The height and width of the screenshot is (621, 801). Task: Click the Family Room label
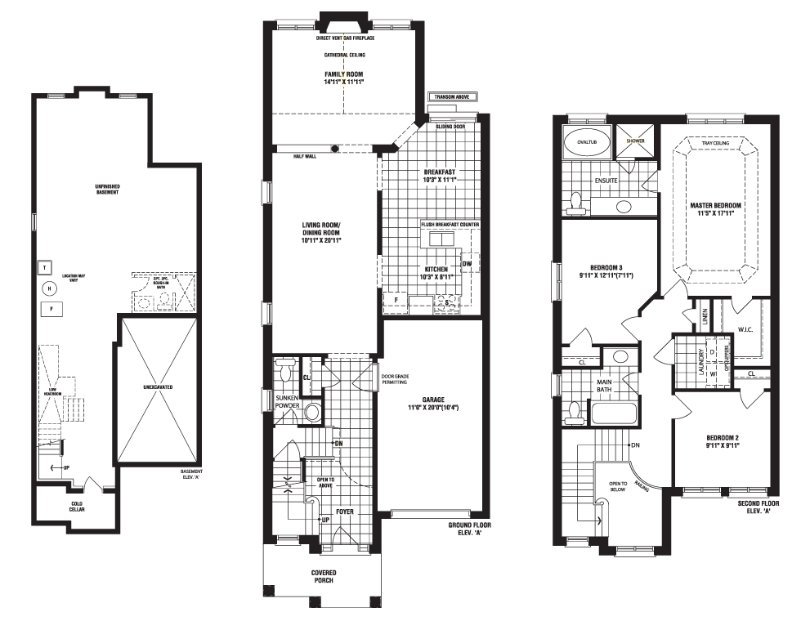click(x=343, y=78)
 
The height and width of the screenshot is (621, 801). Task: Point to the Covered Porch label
click(x=323, y=578)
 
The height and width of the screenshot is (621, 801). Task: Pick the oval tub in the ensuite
click(x=587, y=140)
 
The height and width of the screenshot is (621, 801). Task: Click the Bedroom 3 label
click(x=606, y=271)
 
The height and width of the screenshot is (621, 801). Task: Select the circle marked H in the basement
click(x=48, y=288)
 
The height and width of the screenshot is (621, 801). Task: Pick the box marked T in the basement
click(x=43, y=267)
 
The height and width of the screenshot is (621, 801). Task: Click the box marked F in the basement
click(x=51, y=309)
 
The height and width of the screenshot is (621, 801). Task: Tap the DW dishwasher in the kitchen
click(x=466, y=264)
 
